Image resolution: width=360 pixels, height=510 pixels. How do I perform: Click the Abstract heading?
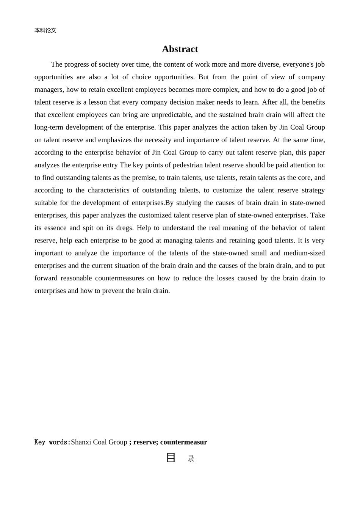point(180,49)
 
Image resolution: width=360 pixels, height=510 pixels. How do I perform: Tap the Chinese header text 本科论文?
point(45,31)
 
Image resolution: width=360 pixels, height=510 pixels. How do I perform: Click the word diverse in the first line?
point(269,64)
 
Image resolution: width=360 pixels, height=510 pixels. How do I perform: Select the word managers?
point(49,90)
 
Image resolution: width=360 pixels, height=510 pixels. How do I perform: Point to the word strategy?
point(313,190)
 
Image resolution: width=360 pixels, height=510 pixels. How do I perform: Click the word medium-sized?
point(304,253)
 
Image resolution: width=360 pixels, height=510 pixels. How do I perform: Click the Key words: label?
point(52,442)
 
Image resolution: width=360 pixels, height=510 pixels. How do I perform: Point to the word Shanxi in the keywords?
point(81,442)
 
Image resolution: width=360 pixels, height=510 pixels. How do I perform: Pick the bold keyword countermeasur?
point(183,442)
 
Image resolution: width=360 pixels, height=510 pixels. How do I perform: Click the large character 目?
point(171,458)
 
